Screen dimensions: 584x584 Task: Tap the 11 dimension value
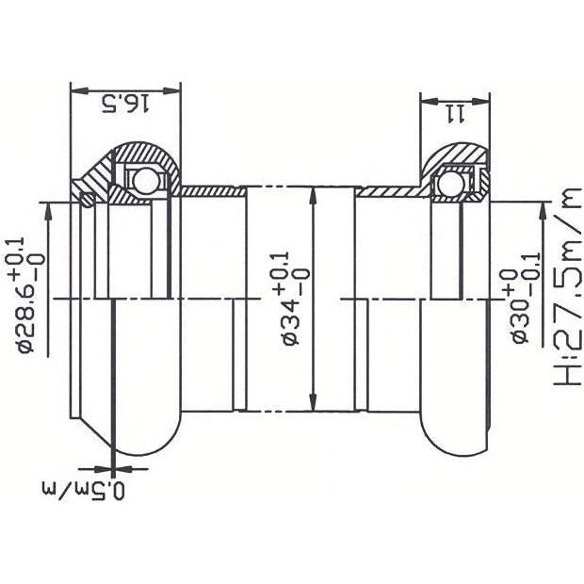pyautogui.click(x=455, y=113)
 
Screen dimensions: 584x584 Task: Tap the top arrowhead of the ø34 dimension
pyautogui.click(x=310, y=191)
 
